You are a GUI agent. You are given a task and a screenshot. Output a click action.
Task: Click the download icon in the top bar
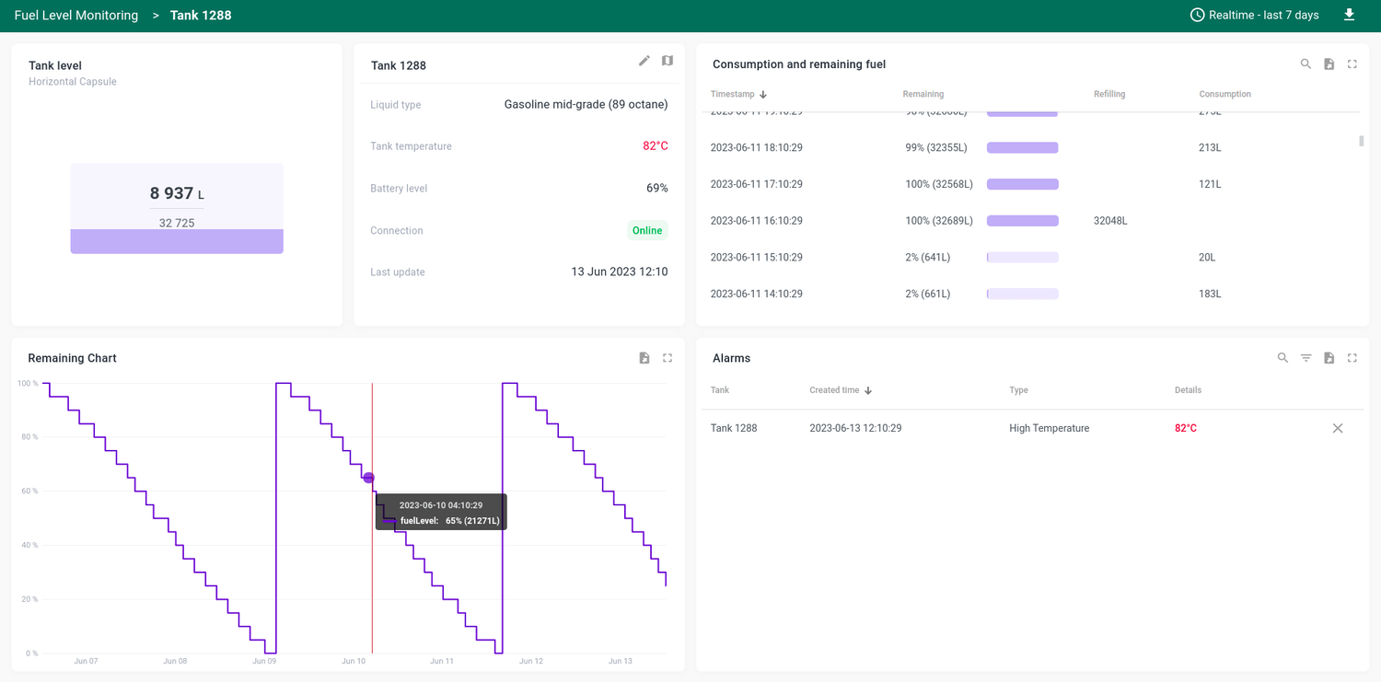tap(1349, 15)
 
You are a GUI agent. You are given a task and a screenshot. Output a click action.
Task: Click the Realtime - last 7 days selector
tap(1255, 15)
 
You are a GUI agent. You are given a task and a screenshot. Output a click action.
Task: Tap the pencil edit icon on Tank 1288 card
tap(644, 61)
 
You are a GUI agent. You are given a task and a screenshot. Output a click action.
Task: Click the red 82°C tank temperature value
tap(655, 146)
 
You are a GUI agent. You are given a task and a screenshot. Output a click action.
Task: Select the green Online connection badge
tap(647, 231)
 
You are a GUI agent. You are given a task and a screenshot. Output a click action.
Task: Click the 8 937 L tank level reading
tap(176, 193)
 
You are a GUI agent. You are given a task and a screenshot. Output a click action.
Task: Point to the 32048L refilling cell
tap(1110, 221)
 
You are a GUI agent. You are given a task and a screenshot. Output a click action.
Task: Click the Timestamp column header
tap(733, 94)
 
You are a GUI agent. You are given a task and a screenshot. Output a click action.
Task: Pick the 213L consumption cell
tap(1210, 147)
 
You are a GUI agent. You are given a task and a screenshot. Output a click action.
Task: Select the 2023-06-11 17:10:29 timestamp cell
tap(756, 184)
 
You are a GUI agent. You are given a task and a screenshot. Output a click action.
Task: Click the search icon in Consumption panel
tap(1306, 64)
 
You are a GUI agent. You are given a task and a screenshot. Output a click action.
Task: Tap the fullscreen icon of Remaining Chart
tap(667, 358)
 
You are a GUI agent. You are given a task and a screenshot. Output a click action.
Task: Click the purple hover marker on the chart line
tap(368, 478)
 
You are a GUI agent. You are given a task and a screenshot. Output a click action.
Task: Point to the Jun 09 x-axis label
tap(264, 661)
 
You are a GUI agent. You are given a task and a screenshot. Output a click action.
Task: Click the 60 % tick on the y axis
tap(28, 491)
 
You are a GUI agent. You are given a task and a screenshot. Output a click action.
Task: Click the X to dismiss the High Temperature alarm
tap(1338, 428)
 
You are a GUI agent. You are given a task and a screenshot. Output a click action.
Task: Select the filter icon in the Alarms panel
tap(1306, 358)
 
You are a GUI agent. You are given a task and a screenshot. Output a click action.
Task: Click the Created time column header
tap(834, 390)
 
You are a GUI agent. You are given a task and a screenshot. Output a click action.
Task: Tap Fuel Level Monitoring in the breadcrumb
tap(76, 16)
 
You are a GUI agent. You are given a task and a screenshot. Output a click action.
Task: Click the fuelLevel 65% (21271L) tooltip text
tap(450, 521)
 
